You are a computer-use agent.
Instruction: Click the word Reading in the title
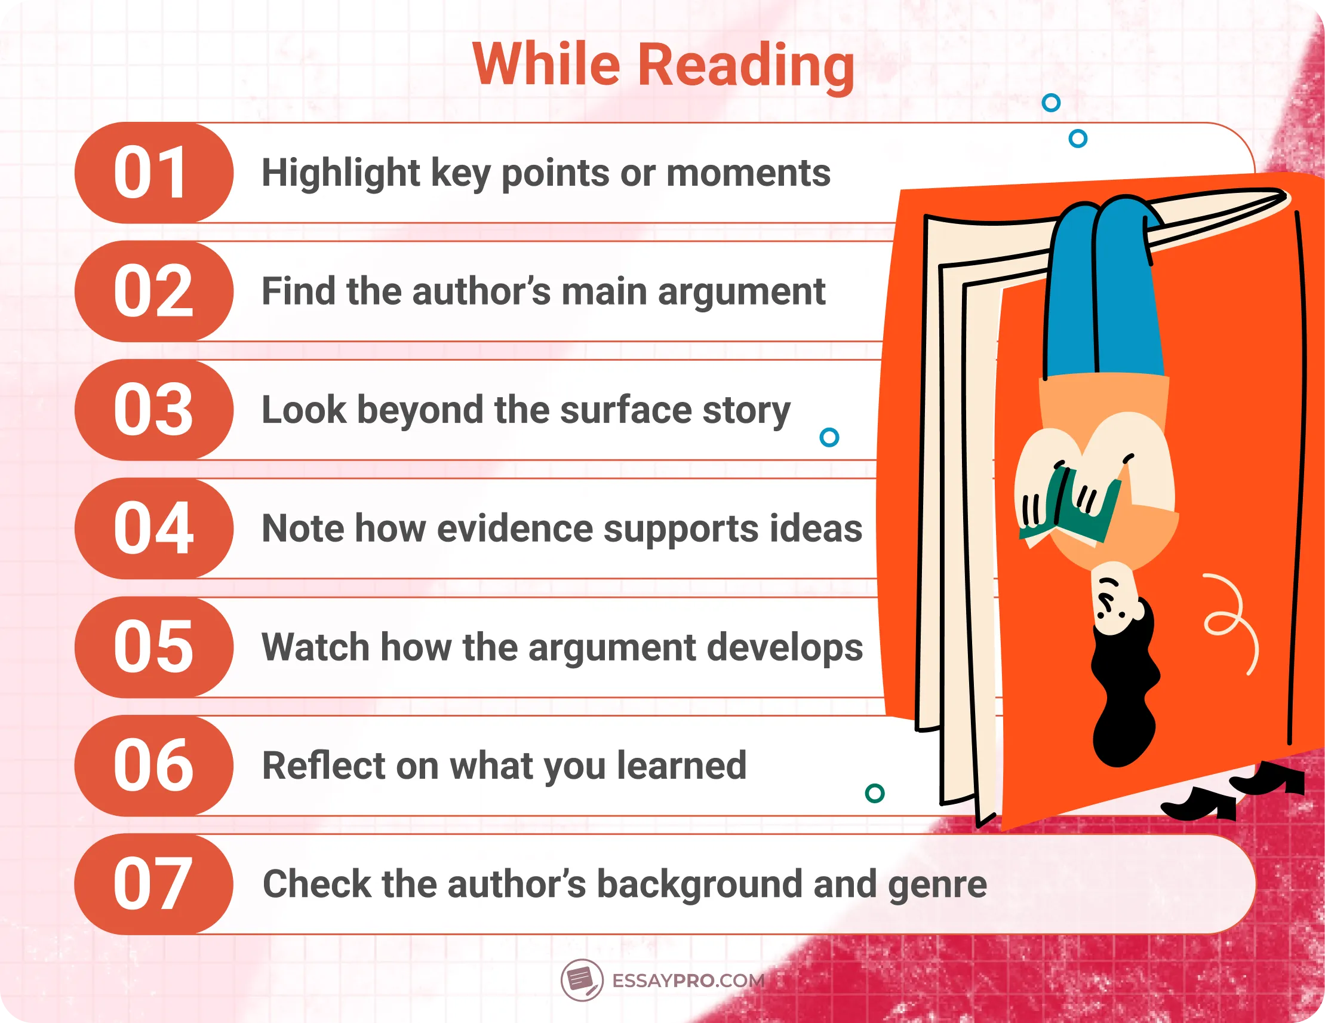click(746, 66)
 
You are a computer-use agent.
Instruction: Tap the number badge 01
click(153, 173)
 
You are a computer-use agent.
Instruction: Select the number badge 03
click(153, 410)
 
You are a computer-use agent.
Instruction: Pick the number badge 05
click(153, 647)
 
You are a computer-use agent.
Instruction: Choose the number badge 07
click(153, 884)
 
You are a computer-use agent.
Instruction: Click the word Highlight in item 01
click(340, 174)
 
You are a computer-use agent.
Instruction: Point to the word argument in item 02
click(742, 293)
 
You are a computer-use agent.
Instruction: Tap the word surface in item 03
click(626, 410)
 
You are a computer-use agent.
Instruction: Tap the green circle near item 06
click(874, 793)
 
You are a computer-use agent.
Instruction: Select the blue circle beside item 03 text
click(829, 437)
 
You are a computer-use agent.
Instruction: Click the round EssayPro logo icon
click(581, 980)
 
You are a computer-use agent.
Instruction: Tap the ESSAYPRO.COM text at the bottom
click(688, 981)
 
